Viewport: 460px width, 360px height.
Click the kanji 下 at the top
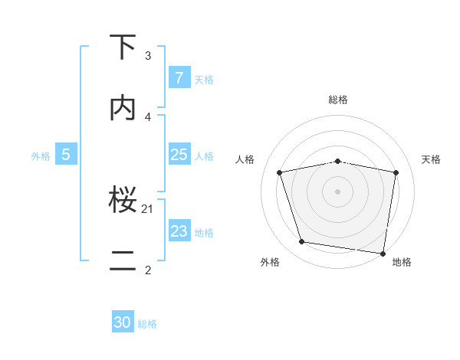point(123,47)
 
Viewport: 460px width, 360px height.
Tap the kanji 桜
point(123,201)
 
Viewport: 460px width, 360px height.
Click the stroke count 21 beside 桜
point(148,208)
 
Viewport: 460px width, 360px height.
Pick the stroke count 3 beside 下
point(148,56)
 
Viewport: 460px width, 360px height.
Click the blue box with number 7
point(179,78)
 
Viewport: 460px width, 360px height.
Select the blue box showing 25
point(179,155)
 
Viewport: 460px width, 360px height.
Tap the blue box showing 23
point(179,231)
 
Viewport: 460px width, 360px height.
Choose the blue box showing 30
point(123,322)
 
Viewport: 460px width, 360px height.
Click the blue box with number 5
point(66,155)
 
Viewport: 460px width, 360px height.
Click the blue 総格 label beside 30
point(147,324)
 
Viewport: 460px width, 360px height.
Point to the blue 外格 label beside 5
point(41,156)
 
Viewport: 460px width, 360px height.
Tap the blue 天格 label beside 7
point(204,80)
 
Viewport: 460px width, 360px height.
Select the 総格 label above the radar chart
point(338,100)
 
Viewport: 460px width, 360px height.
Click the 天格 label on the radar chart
point(432,159)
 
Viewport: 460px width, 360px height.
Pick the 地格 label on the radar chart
point(402,262)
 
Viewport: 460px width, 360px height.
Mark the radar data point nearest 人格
point(280,172)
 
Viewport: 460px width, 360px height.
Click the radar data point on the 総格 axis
point(338,161)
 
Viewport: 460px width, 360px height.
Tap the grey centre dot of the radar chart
point(338,191)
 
